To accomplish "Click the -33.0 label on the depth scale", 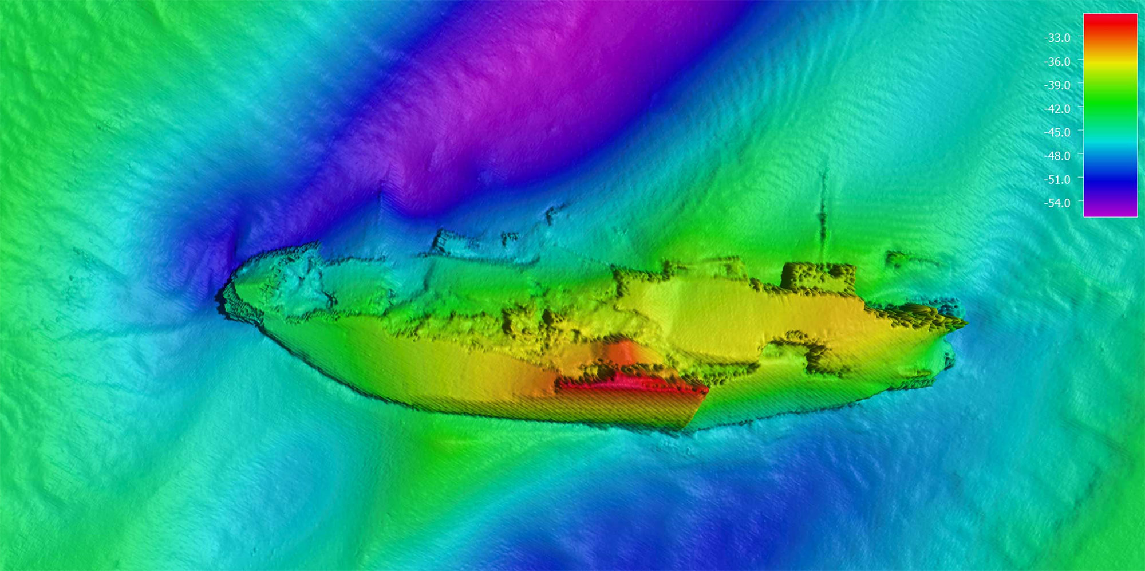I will point(1057,38).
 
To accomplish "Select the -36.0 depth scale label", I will point(1057,61).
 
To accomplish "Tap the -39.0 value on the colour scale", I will point(1057,85).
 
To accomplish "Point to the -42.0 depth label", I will point(1057,108).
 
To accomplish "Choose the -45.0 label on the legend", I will point(1057,132).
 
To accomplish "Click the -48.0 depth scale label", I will point(1057,156).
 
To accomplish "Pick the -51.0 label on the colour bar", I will point(1057,179).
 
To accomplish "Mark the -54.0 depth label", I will point(1057,203).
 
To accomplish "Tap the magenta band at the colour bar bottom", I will point(1110,209).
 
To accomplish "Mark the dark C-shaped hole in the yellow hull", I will point(813,352).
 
